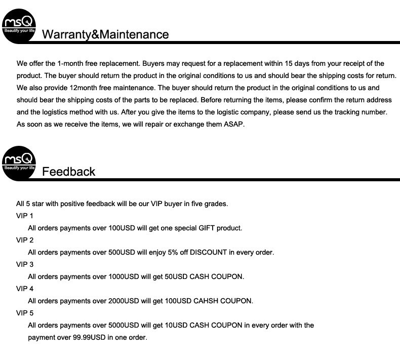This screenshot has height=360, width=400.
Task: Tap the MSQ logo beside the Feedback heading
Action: [19, 163]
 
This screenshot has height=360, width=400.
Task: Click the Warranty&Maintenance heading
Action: [105, 34]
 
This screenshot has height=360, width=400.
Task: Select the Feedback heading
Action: [68, 172]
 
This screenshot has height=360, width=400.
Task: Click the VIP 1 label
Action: [25, 216]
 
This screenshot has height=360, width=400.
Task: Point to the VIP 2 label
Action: [25, 240]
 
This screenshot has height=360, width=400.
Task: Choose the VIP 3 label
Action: [25, 264]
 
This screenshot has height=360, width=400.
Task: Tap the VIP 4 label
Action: [25, 289]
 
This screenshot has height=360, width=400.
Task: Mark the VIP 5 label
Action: [25, 313]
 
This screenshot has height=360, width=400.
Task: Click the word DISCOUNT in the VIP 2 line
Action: [208, 252]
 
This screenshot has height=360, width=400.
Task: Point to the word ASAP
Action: [234, 124]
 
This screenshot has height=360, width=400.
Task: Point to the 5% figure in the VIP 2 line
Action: [165, 252]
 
